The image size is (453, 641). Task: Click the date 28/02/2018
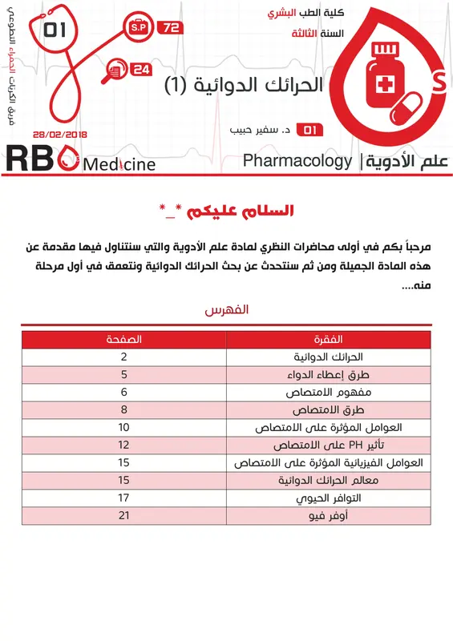point(59,135)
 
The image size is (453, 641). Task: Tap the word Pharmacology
point(297,161)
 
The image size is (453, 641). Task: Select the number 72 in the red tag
point(171,28)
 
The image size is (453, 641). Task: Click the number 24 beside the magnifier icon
point(141,70)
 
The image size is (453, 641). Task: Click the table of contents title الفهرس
point(226,308)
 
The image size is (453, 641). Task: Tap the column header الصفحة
point(124,340)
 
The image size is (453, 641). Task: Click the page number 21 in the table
point(124,516)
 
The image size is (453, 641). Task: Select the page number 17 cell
point(124,498)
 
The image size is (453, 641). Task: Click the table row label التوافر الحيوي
point(330,498)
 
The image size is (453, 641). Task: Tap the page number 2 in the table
point(124,357)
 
